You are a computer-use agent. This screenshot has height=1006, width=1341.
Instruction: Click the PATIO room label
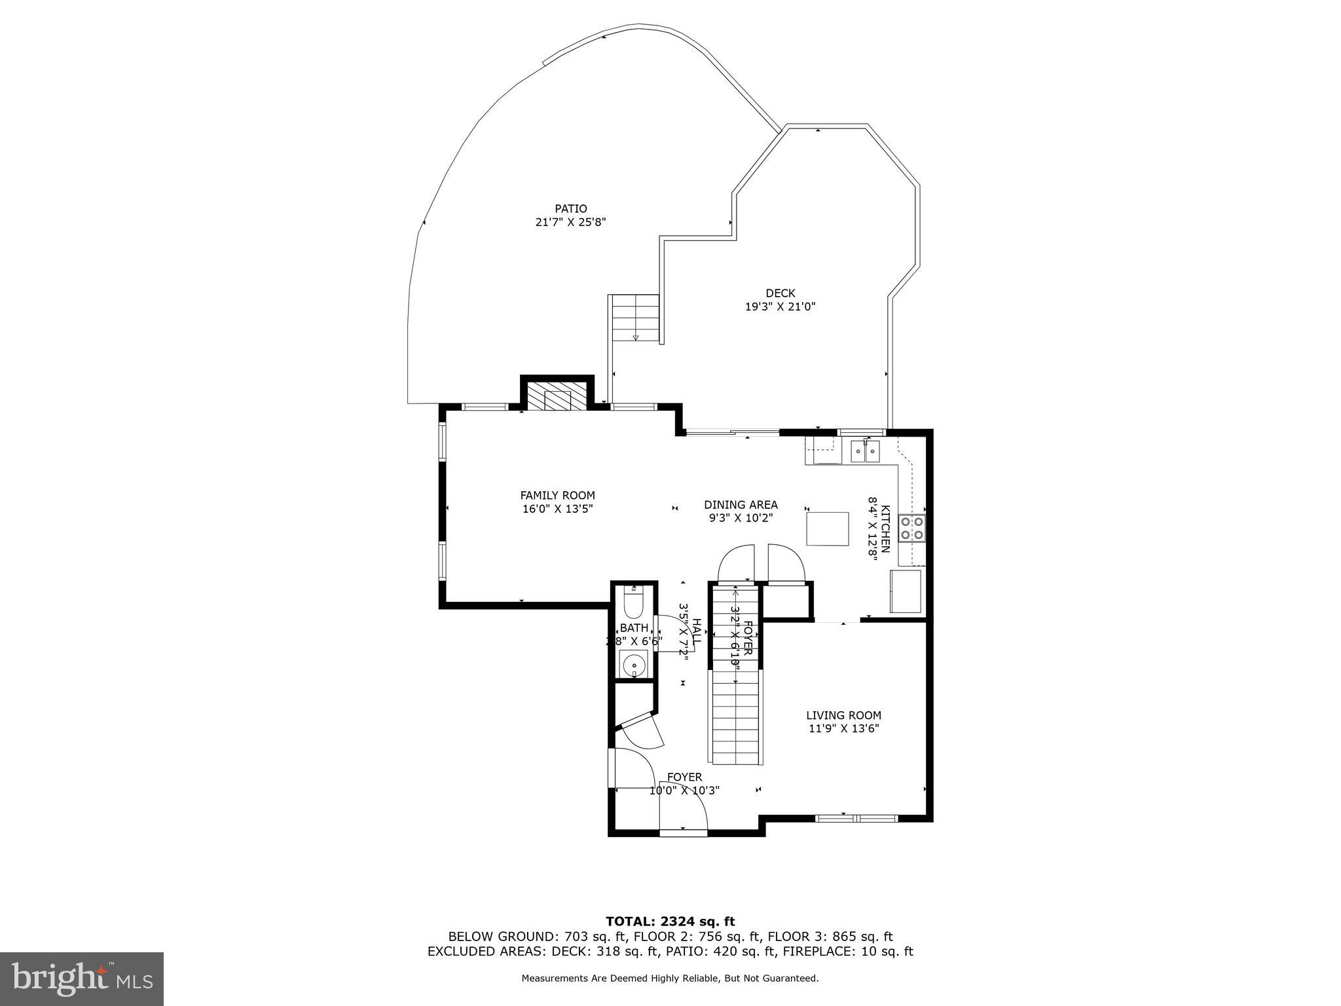[570, 209]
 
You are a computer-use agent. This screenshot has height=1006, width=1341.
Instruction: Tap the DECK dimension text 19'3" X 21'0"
[780, 306]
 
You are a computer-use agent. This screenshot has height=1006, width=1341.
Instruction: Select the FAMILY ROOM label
[557, 495]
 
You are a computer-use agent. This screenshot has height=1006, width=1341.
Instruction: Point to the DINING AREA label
[741, 504]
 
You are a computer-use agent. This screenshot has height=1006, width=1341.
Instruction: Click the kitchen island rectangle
[827, 529]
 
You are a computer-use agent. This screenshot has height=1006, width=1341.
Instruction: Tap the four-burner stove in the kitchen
[911, 529]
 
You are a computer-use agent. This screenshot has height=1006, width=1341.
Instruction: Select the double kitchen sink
[865, 451]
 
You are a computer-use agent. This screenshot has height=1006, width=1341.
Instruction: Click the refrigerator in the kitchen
[905, 591]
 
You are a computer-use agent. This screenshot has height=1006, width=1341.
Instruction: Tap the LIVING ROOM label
[843, 715]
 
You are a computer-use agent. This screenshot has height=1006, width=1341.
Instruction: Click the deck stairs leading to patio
[635, 318]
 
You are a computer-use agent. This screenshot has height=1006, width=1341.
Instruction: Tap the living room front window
[856, 817]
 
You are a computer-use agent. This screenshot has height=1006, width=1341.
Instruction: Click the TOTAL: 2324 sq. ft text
[670, 922]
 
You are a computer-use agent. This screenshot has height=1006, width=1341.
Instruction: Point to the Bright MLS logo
[82, 978]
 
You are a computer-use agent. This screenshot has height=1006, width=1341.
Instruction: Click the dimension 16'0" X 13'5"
[557, 508]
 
